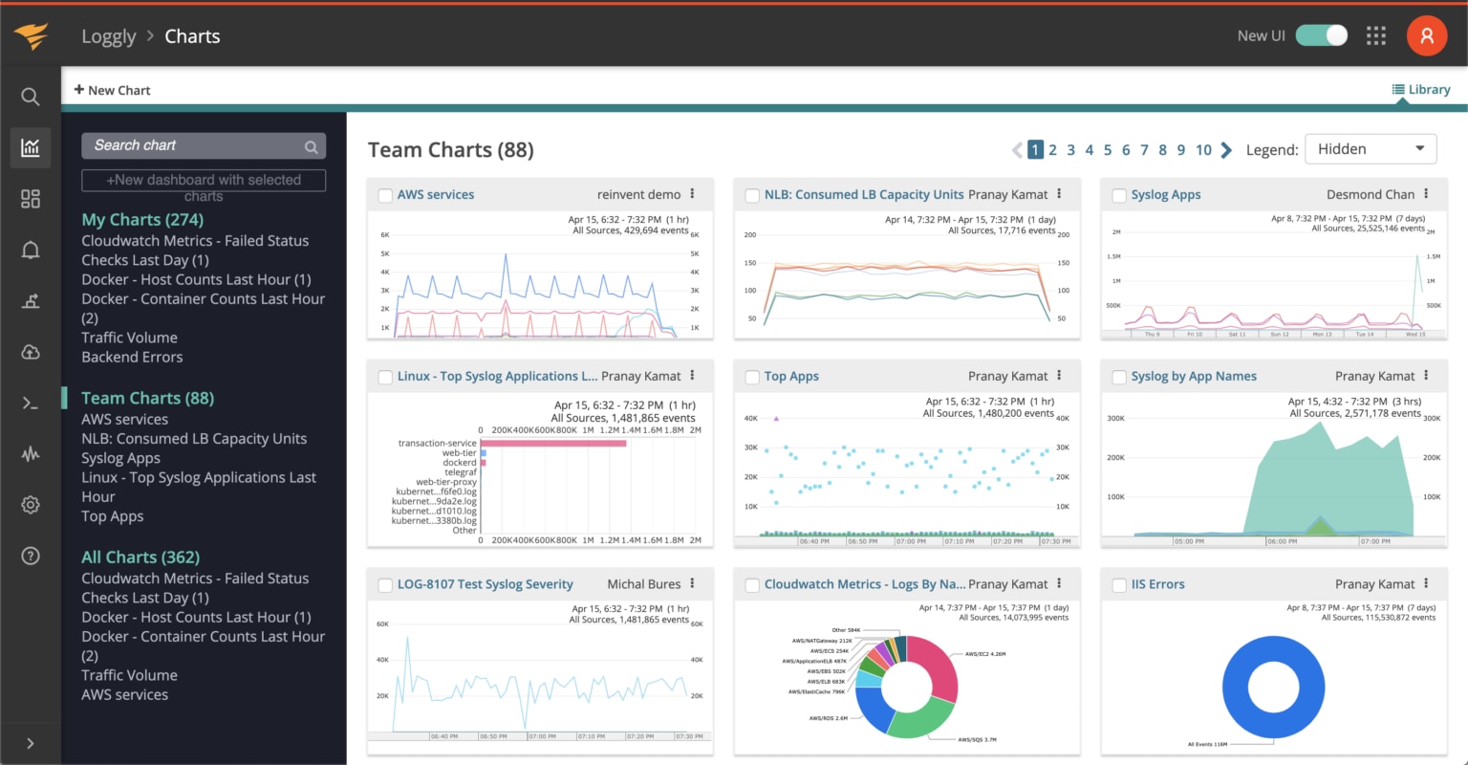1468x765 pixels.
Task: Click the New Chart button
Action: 112,90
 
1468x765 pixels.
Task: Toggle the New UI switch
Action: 1321,35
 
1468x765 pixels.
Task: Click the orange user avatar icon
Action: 1426,35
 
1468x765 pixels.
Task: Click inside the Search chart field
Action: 196,145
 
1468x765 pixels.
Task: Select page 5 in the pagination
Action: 1108,149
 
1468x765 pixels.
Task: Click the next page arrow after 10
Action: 1226,149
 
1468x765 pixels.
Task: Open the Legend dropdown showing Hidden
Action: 1370,149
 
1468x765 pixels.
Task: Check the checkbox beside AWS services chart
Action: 385,195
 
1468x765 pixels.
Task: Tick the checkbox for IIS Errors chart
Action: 1119,585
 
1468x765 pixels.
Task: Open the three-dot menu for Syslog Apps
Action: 1426,194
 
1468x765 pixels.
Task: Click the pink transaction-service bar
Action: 553,443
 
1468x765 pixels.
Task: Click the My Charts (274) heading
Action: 142,219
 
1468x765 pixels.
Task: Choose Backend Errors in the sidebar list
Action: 132,357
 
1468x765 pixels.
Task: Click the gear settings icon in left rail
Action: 31,505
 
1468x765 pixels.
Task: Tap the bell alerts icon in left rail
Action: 31,251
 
